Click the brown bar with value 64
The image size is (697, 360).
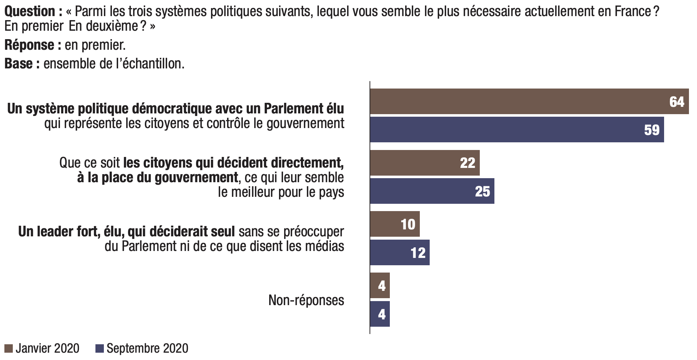(529, 101)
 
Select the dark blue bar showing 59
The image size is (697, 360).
(517, 130)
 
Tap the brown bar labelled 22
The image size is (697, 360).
(425, 162)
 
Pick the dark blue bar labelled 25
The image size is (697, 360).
(432, 191)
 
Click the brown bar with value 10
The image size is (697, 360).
(395, 224)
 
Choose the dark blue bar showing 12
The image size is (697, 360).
(400, 252)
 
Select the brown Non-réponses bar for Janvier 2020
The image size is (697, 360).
(380, 285)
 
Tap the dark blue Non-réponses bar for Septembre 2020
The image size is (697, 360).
(380, 314)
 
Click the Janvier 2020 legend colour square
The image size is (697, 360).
(9, 348)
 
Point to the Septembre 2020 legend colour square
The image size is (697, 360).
(100, 348)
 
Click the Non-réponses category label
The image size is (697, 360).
(306, 300)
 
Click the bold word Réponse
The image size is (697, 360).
(29, 45)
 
